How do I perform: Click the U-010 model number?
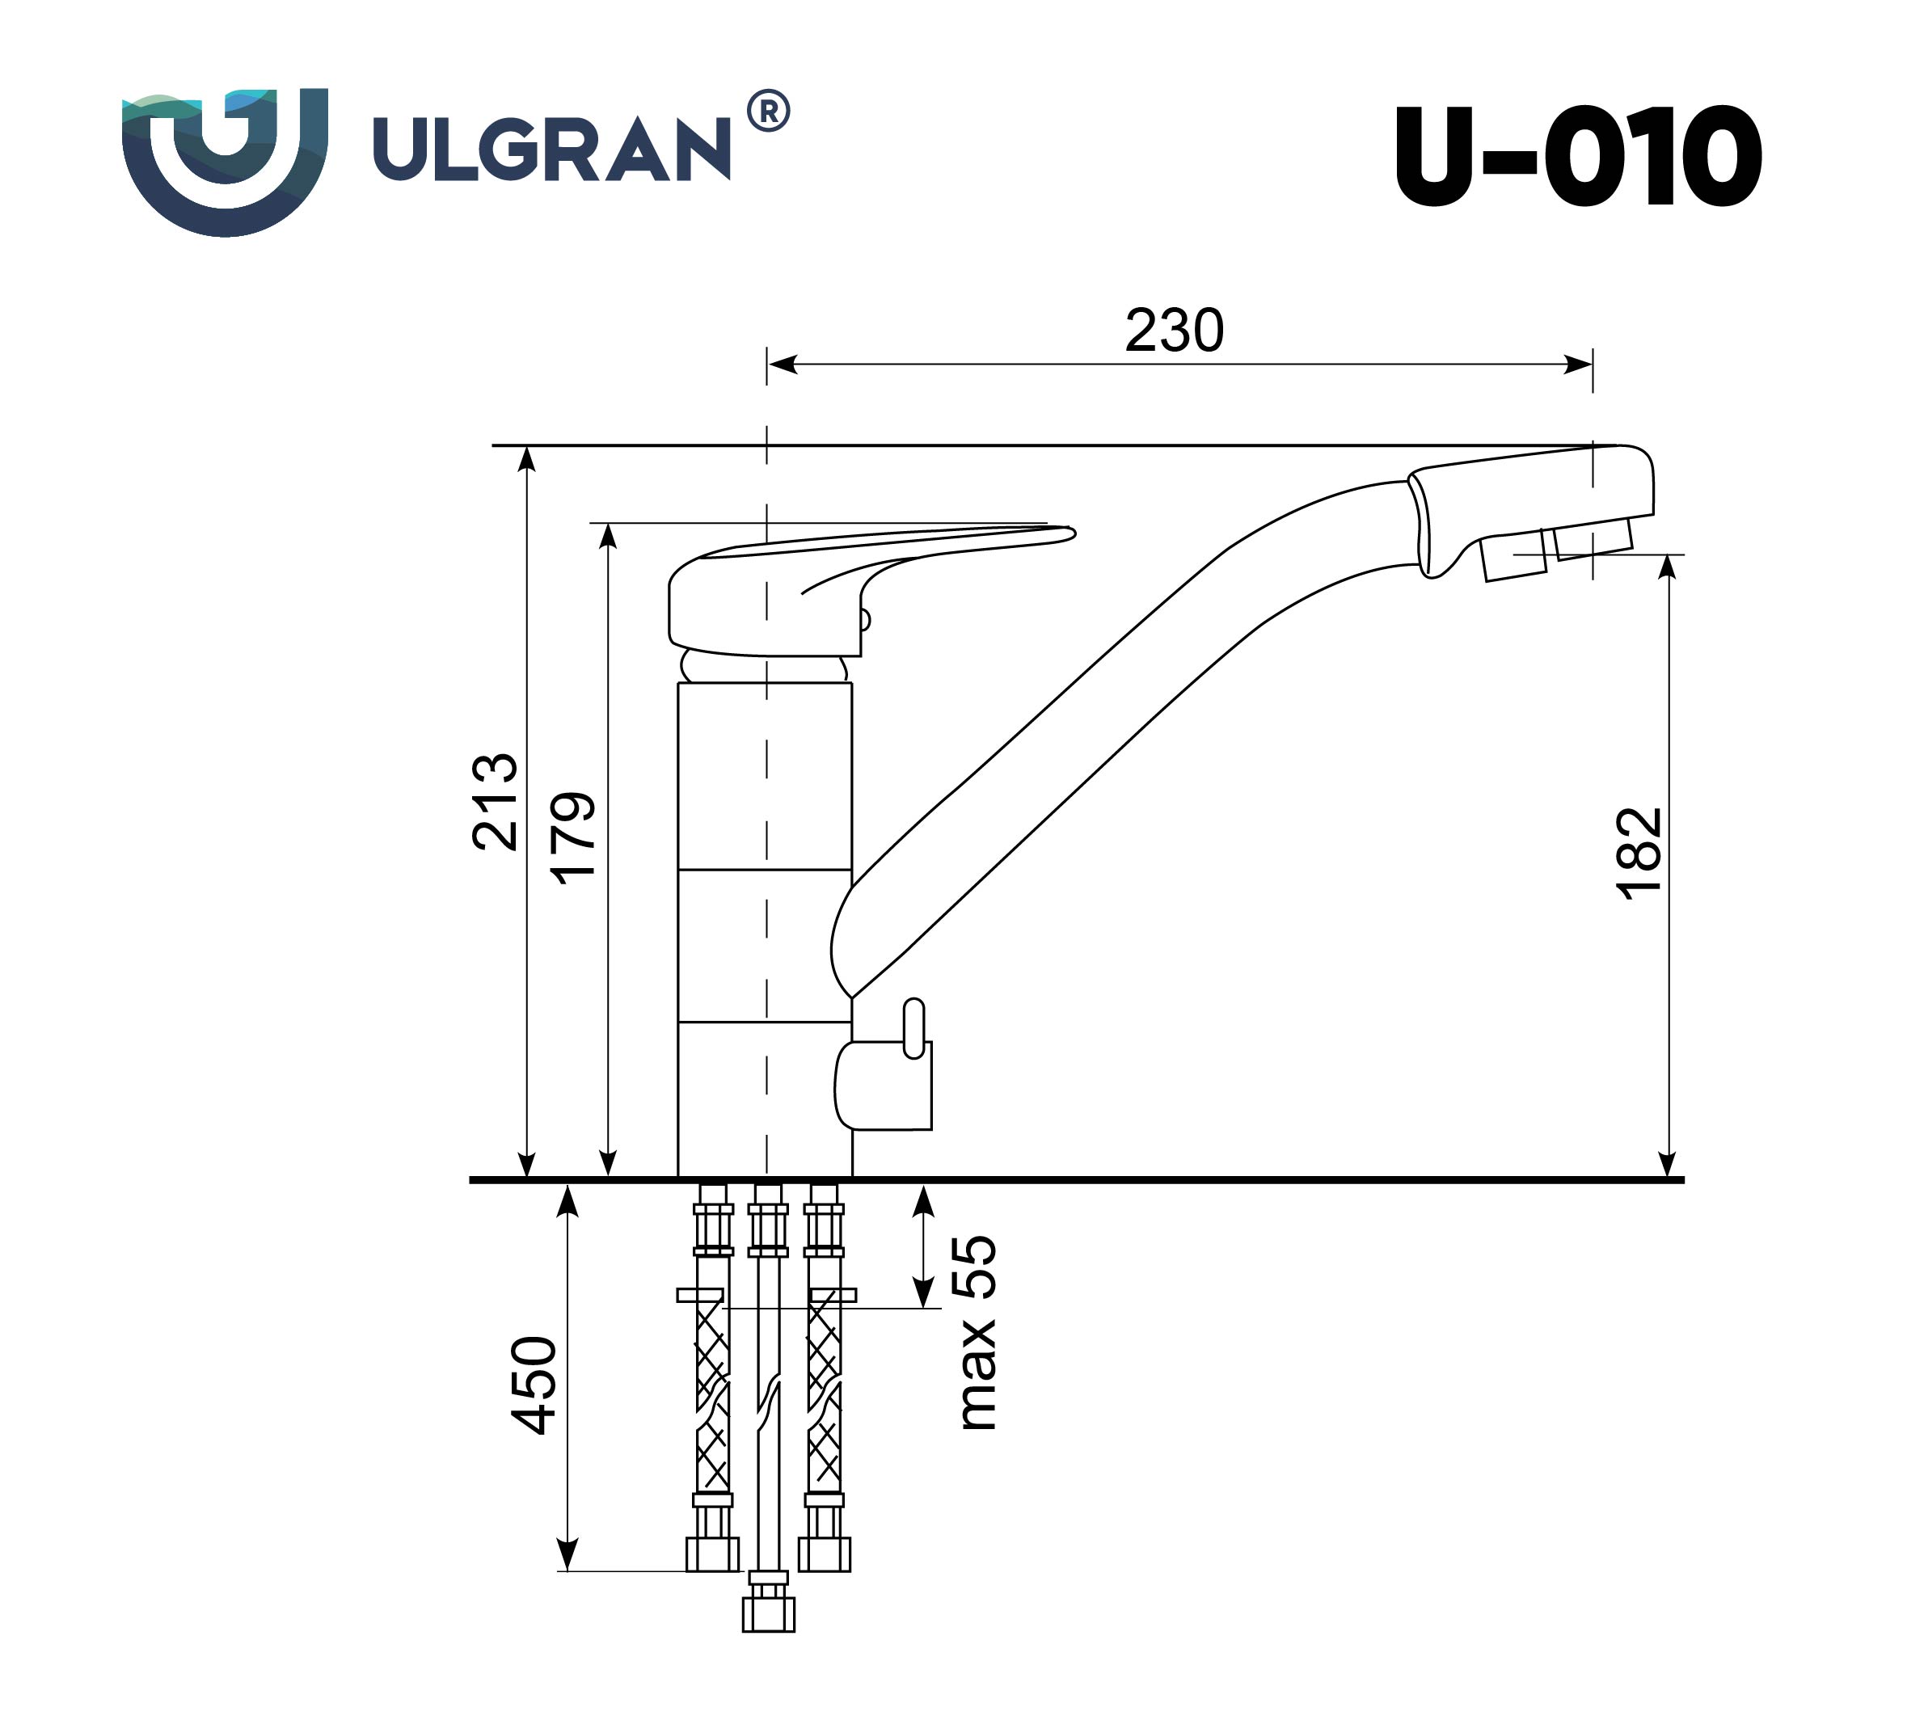pos(1577,157)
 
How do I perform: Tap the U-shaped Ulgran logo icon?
pos(225,160)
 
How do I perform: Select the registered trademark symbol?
pos(768,112)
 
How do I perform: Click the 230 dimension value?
pos(1173,331)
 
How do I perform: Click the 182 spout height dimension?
pos(1638,854)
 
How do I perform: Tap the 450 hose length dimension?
pos(535,1385)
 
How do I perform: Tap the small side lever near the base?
pos(913,1030)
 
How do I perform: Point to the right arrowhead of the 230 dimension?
pos(1579,364)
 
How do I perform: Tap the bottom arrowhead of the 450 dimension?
pos(567,1553)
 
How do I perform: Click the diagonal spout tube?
pos(1085,717)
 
